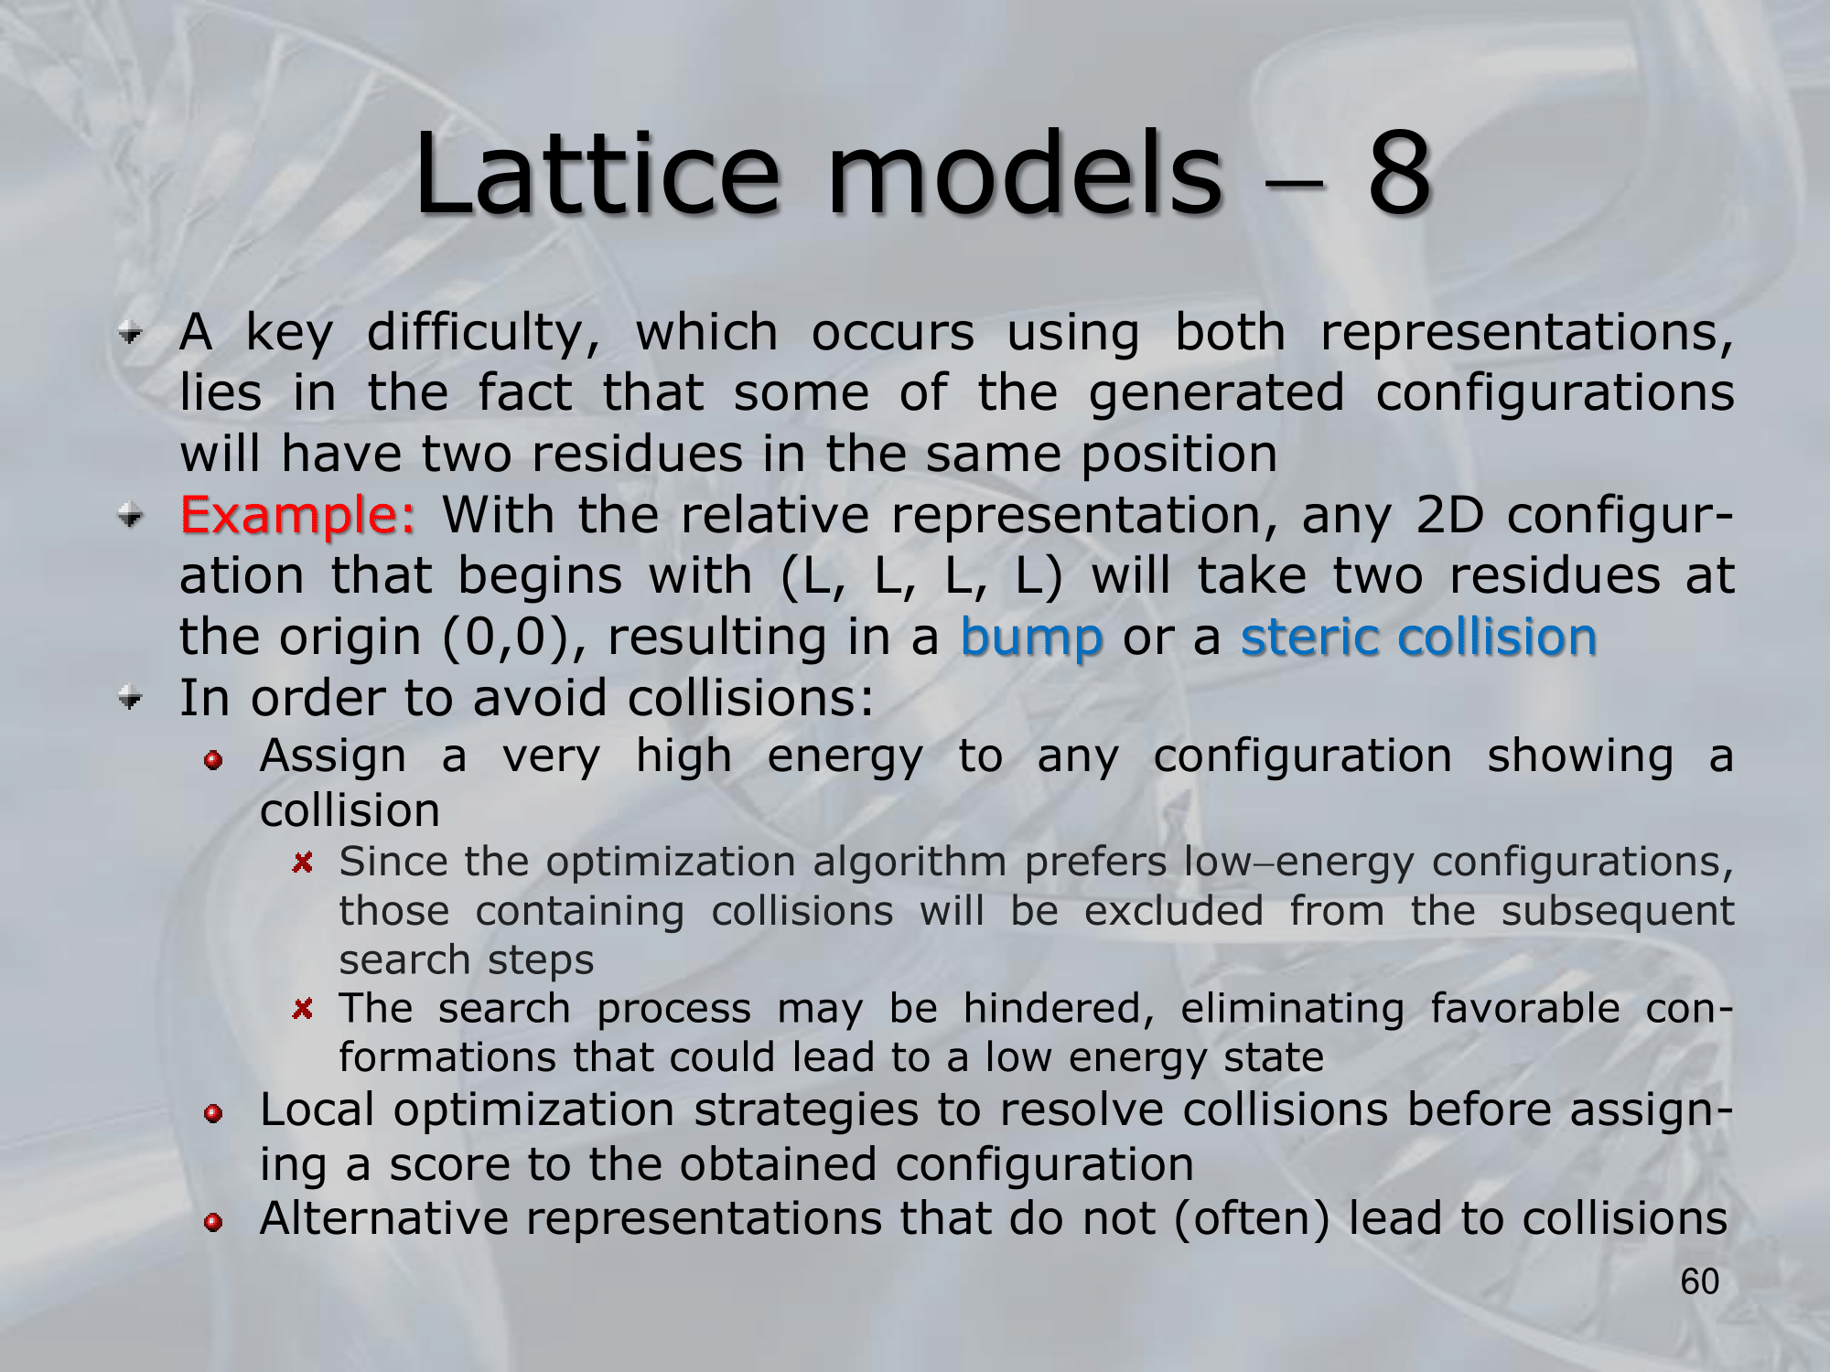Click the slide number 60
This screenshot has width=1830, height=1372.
(1700, 1281)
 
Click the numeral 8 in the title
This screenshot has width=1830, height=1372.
(1399, 173)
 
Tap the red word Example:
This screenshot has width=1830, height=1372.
(298, 515)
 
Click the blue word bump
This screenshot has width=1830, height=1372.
(1031, 638)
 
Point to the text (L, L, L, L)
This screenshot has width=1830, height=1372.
(921, 577)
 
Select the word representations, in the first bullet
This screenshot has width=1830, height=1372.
(1526, 333)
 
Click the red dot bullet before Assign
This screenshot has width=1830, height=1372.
(213, 761)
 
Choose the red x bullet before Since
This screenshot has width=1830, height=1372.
(303, 862)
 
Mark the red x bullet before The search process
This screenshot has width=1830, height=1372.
(303, 1008)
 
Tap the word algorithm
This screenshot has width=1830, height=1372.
(910, 863)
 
